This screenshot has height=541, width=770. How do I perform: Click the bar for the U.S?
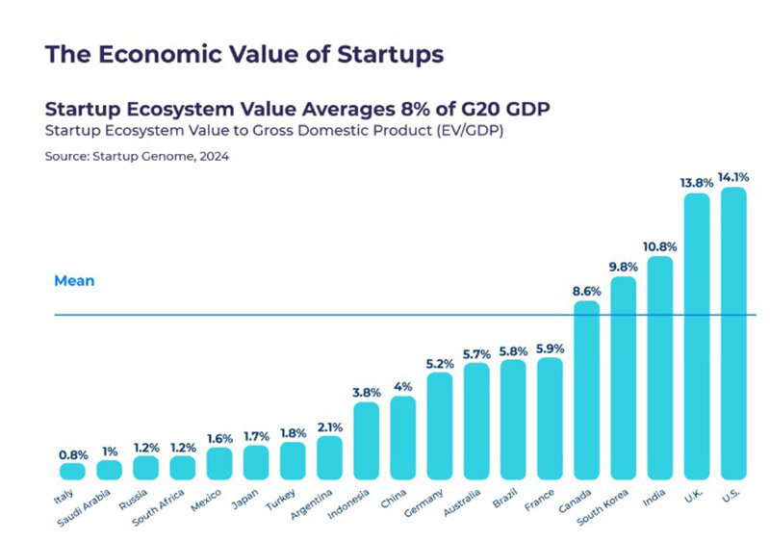(x=733, y=332)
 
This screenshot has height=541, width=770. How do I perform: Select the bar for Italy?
(x=72, y=471)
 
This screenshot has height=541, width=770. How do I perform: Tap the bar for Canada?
(x=586, y=390)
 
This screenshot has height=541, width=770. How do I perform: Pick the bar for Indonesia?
(x=367, y=440)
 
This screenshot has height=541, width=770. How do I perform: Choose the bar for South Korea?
(x=623, y=377)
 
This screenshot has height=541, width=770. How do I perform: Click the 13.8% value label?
(x=696, y=181)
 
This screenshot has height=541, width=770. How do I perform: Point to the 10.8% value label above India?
(x=659, y=245)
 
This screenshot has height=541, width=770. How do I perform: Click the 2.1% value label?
(x=329, y=425)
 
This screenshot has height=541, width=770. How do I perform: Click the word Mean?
(x=74, y=281)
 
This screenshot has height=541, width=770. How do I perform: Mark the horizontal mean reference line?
(x=289, y=315)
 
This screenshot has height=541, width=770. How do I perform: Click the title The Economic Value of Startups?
(x=244, y=54)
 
